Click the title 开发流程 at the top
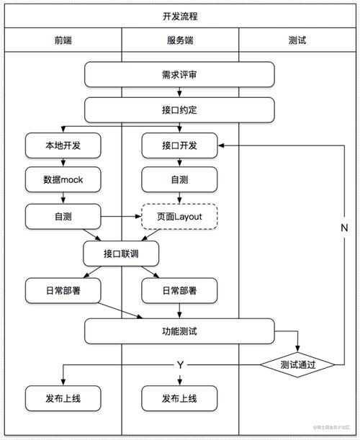tap(179, 15)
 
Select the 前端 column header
tap(63, 40)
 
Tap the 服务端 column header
tap(179, 40)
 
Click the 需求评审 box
tap(179, 74)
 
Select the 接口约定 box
tap(179, 110)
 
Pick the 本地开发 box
tap(63, 145)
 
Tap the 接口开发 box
tap(179, 145)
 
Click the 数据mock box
tap(63, 180)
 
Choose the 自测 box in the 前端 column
tap(63, 215)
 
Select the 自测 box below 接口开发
tap(179, 180)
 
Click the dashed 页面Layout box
tap(179, 215)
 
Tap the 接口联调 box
tap(120, 253)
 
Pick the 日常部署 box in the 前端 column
tap(63, 290)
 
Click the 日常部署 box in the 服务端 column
tap(179, 290)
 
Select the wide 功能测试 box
tap(179, 331)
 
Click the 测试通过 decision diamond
tap(297, 365)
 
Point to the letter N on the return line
tap(344, 227)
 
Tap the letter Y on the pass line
tap(180, 365)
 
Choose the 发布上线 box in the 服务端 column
tap(179, 398)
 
